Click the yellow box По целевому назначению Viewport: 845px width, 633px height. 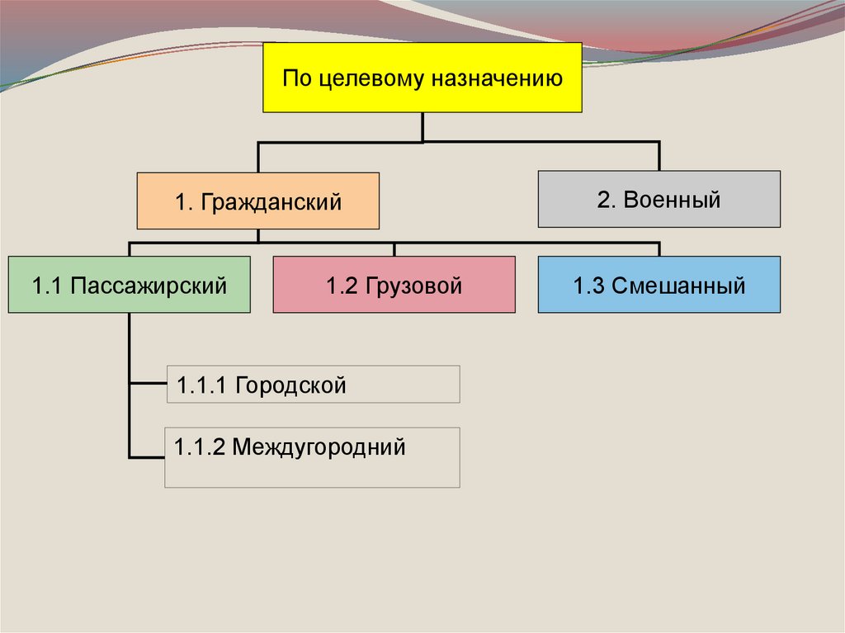click(422, 78)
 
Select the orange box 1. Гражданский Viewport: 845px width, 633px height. click(257, 201)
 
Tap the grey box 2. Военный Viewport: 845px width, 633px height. click(659, 199)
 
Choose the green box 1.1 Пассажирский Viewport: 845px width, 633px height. click(129, 285)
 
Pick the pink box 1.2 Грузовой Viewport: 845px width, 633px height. click(394, 285)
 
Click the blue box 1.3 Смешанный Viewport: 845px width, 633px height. click(659, 285)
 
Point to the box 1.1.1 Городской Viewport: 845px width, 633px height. click(313, 385)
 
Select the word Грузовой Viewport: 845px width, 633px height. click(415, 286)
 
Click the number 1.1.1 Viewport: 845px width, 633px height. click(201, 385)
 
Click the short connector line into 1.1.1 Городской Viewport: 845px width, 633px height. click(148, 384)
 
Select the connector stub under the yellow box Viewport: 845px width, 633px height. click(422, 127)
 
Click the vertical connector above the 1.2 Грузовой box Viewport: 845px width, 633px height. click(394, 249)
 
